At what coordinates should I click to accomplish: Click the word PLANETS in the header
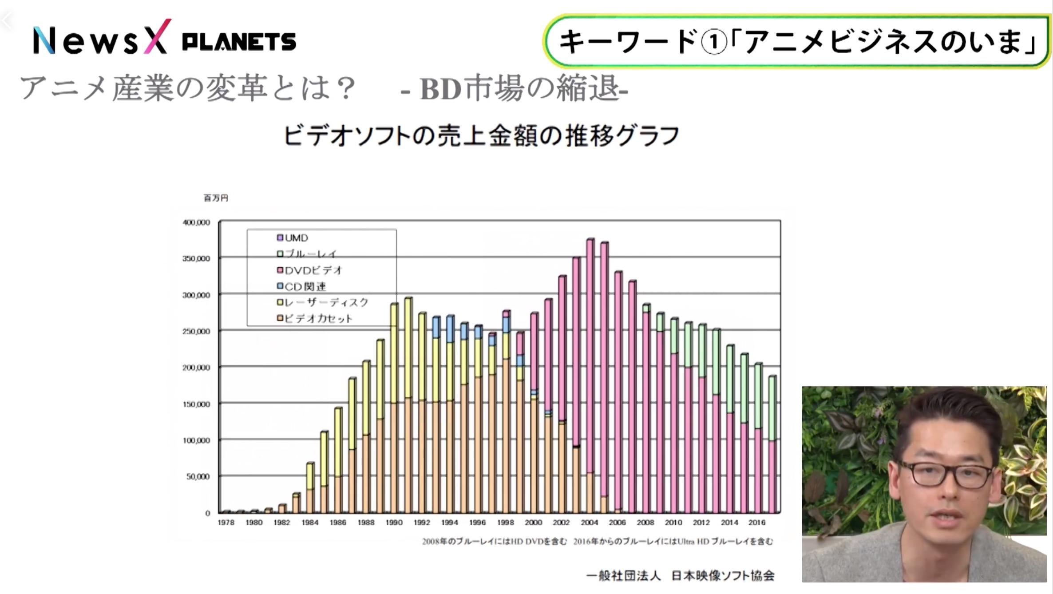click(x=239, y=42)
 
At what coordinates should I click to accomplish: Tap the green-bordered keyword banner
click(x=796, y=42)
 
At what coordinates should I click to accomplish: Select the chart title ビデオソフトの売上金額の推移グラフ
click(x=481, y=136)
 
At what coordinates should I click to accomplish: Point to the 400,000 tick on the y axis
click(x=196, y=222)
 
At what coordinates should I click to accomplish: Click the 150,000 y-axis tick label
click(x=196, y=404)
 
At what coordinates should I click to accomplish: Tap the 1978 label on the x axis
click(x=226, y=523)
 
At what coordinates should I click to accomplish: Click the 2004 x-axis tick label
click(x=589, y=523)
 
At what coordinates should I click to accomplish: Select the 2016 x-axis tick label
click(x=757, y=523)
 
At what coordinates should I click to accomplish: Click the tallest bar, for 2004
click(x=590, y=355)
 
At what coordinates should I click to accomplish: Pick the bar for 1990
click(x=394, y=408)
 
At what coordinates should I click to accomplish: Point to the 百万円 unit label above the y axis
click(x=216, y=198)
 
